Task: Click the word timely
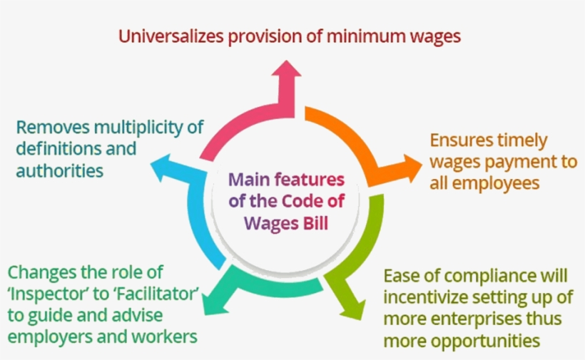click(x=524, y=140)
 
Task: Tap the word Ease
click(x=401, y=275)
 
